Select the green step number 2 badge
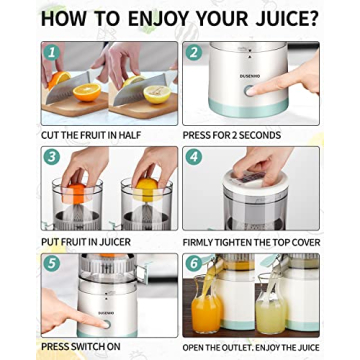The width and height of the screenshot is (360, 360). pyautogui.click(x=194, y=52)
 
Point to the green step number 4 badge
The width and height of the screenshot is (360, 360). pyautogui.click(x=194, y=157)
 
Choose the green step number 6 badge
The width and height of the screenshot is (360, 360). pyautogui.click(x=194, y=263)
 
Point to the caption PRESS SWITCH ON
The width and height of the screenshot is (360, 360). pyautogui.click(x=79, y=347)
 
